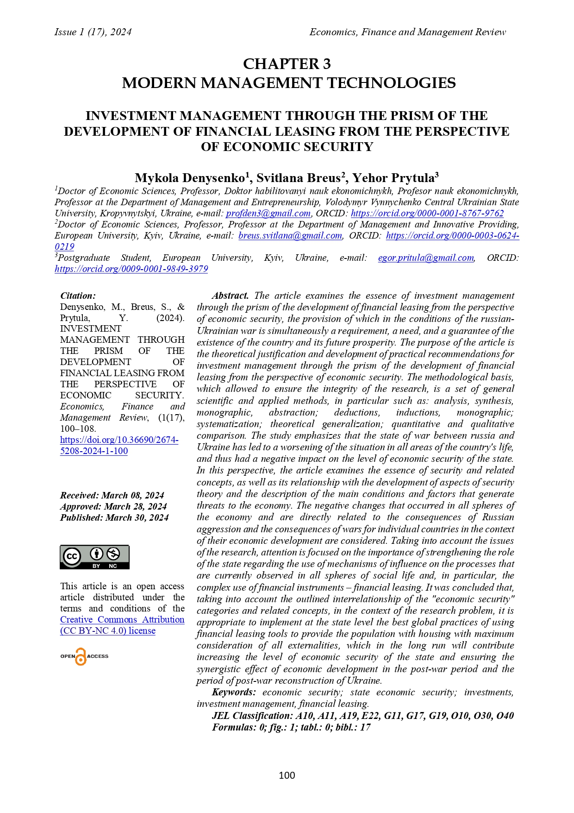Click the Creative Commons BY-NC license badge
pos(94,557)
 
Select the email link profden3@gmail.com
pos(268,214)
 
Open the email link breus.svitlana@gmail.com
pos(290,236)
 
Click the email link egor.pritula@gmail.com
pos(426,258)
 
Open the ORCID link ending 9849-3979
pos(131,269)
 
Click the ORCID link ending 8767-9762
pos(427,214)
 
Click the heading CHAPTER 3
pos(287,64)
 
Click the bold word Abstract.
pos(230,296)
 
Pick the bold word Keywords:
pos(234,692)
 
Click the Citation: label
pos(78,296)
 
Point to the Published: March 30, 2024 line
pos(114,517)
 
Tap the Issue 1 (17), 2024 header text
pos(93,32)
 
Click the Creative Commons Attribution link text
pos(122,620)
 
